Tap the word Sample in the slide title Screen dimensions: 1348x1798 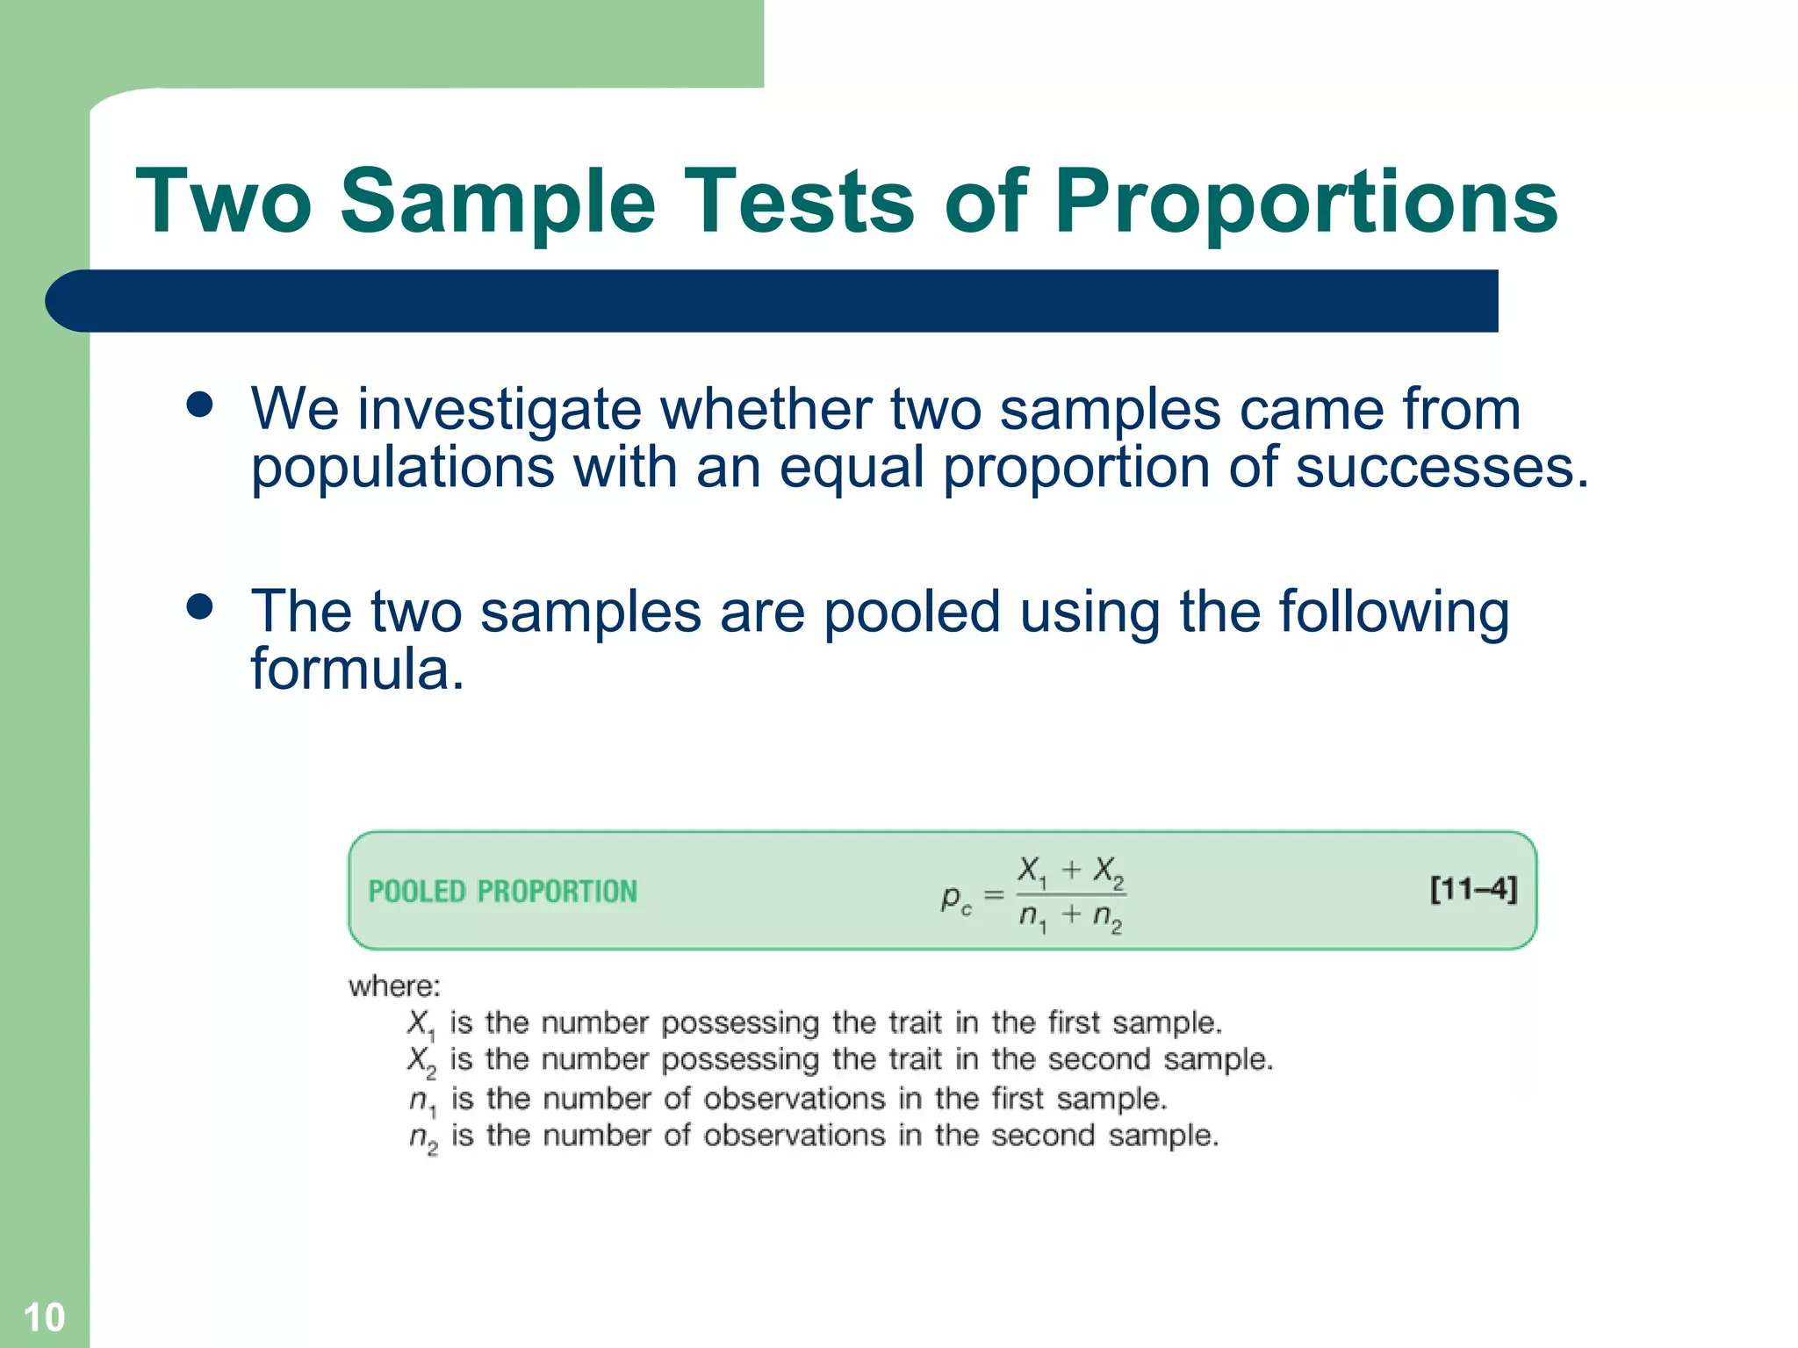click(x=498, y=204)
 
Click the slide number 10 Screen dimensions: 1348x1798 click(x=44, y=1317)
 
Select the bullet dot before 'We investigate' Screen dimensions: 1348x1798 click(x=200, y=405)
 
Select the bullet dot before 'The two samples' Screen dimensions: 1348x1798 click(x=200, y=607)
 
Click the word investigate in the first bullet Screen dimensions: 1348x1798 click(x=500, y=410)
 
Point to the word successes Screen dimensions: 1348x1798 click(x=1442, y=467)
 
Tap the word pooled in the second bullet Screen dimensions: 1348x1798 click(x=911, y=612)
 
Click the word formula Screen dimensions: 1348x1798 click(x=357, y=670)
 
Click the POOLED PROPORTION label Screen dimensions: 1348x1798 click(x=502, y=892)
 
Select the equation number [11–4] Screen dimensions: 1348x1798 click(x=1473, y=889)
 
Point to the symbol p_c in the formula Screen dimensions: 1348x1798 click(x=956, y=899)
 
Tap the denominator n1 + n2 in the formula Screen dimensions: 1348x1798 click(x=1070, y=917)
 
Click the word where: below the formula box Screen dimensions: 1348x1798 click(x=394, y=986)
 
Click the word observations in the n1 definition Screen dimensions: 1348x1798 click(x=795, y=1099)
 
